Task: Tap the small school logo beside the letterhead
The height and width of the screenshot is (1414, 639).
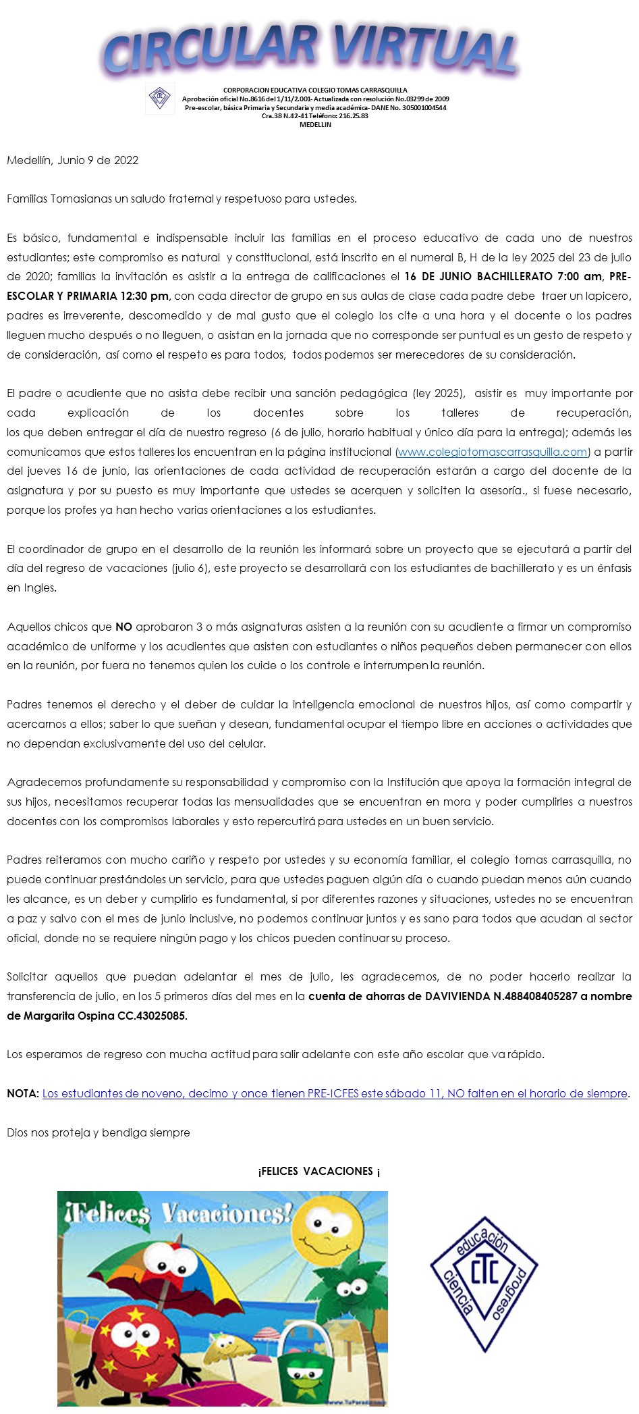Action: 160,99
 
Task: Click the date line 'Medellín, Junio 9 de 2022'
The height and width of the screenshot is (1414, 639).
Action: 73,161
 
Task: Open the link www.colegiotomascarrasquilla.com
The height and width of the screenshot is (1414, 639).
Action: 493,452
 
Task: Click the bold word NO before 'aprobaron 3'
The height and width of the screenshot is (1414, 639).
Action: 123,627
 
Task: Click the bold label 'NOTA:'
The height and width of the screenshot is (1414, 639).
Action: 23,1094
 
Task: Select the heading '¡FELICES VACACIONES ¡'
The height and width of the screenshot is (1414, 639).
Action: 319,1172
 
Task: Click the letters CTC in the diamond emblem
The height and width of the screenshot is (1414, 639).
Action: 484,1272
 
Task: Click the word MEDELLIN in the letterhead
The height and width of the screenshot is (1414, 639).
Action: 315,125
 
